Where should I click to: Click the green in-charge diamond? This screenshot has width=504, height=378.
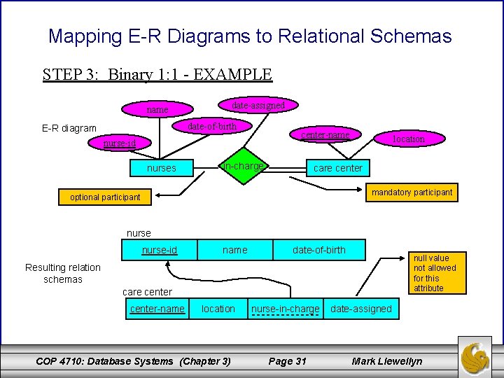(x=242, y=167)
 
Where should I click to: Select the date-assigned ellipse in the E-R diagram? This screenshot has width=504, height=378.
(x=258, y=105)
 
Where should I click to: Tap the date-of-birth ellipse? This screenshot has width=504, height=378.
(x=212, y=126)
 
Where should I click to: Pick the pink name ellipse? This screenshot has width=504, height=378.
(x=157, y=109)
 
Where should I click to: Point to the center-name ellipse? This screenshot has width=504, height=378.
(x=325, y=134)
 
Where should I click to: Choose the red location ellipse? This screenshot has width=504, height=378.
(x=408, y=139)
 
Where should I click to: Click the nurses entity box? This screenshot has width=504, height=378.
(x=161, y=168)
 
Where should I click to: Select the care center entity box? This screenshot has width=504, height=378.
(x=337, y=168)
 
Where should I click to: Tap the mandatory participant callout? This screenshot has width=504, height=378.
(x=412, y=192)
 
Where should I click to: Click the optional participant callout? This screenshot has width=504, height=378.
(x=105, y=197)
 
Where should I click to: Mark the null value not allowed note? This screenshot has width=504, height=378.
(x=434, y=273)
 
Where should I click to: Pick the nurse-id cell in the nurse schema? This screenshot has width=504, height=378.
(x=160, y=250)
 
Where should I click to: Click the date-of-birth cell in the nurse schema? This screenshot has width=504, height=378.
(x=318, y=250)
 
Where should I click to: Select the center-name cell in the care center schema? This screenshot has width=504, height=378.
(x=157, y=309)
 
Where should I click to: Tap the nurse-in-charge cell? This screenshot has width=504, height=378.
(x=285, y=309)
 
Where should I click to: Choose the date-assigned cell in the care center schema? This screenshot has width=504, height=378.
(x=360, y=309)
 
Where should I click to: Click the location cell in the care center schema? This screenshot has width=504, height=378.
(x=218, y=309)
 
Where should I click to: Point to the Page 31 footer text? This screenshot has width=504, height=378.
(x=288, y=361)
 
